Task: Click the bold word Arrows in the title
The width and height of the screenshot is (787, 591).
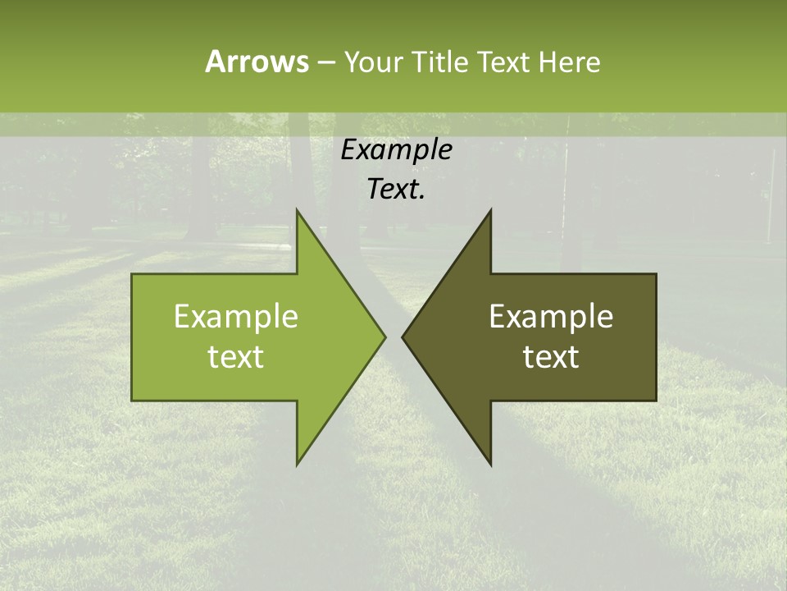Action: pos(256,62)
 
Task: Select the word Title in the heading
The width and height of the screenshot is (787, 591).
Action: pos(439,62)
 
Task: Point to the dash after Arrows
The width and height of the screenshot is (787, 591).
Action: pos(325,63)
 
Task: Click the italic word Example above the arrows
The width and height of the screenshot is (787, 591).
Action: pos(396,150)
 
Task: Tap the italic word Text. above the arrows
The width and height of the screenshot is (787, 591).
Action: pos(396,190)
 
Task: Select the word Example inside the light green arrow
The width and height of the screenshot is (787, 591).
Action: pos(236,317)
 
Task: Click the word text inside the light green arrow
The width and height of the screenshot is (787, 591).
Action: pos(236,357)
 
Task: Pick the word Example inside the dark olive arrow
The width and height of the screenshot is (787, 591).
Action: pos(551,317)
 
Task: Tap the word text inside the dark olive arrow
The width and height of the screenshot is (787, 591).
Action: pos(551,357)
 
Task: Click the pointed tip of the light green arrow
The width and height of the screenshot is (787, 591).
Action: pos(384,337)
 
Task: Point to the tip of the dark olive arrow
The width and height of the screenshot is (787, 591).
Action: pos(403,337)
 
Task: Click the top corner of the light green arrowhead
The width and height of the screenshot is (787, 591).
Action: pos(297,210)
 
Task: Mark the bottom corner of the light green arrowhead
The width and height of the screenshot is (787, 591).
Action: pos(297,464)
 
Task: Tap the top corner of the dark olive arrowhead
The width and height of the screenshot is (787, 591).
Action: pos(490,210)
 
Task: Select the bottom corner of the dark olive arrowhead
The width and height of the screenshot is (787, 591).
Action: pos(490,464)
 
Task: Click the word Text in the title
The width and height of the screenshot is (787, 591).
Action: pos(503,62)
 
